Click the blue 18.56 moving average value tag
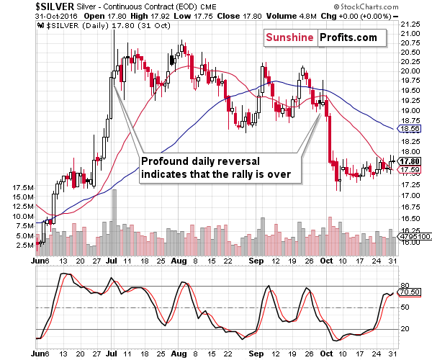[x=412, y=128]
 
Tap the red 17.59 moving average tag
[x=412, y=169]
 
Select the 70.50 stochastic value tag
[x=412, y=293]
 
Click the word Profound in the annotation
[x=166, y=161]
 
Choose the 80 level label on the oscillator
[x=406, y=286]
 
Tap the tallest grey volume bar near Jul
[x=114, y=216]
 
